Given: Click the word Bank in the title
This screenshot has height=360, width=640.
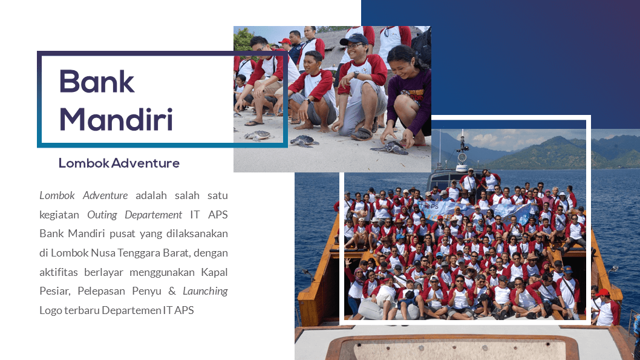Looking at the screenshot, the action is coord(97,81).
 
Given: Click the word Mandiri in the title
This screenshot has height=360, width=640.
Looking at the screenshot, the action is coord(116,119).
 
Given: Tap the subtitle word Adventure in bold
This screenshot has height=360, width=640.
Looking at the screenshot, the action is coord(145,163).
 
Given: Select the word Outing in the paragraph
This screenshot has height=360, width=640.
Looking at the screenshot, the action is coord(102,215).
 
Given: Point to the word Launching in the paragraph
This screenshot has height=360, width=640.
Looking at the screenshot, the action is coord(205,291).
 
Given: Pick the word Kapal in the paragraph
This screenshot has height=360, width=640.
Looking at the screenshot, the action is coord(214,272).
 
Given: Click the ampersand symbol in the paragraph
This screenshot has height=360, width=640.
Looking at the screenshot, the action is coord(172,291).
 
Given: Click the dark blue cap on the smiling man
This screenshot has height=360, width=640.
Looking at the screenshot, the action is coord(354,39).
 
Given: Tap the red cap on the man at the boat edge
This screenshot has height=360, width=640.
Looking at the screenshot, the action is coord(602,292).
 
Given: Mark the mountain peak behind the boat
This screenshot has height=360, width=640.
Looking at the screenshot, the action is coord(557,139).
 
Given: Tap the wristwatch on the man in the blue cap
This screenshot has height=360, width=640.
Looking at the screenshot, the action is coord(356,74).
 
